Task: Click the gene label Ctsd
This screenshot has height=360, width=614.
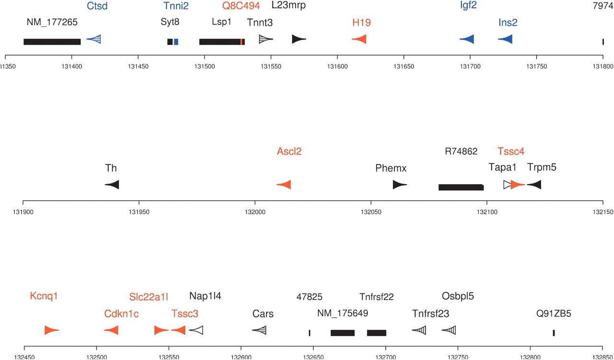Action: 97,6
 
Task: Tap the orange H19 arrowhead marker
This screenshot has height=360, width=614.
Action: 359,39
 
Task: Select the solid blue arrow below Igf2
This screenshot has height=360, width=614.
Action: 467,39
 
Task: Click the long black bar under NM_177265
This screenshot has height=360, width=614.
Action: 52,42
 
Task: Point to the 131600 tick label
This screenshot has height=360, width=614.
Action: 337,67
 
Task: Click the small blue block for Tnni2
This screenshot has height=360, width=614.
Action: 176,42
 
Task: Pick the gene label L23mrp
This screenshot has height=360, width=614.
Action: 288,5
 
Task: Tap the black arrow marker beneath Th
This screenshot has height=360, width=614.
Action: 112,185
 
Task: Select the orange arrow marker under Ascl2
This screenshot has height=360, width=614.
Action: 283,185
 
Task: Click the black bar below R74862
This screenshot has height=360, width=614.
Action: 461,187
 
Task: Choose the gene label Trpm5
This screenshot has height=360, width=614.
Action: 542,167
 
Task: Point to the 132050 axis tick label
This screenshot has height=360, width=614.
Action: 371,212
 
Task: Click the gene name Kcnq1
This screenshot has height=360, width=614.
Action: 44,296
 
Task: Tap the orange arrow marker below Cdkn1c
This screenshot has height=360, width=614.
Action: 111,330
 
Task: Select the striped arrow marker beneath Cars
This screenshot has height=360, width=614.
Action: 259,330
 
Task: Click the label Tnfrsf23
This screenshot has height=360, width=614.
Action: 431,314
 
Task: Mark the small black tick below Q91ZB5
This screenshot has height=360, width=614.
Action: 554,333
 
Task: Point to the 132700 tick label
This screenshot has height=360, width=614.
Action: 385,357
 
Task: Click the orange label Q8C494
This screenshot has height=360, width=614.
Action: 241,6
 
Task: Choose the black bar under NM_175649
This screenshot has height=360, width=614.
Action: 342,333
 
